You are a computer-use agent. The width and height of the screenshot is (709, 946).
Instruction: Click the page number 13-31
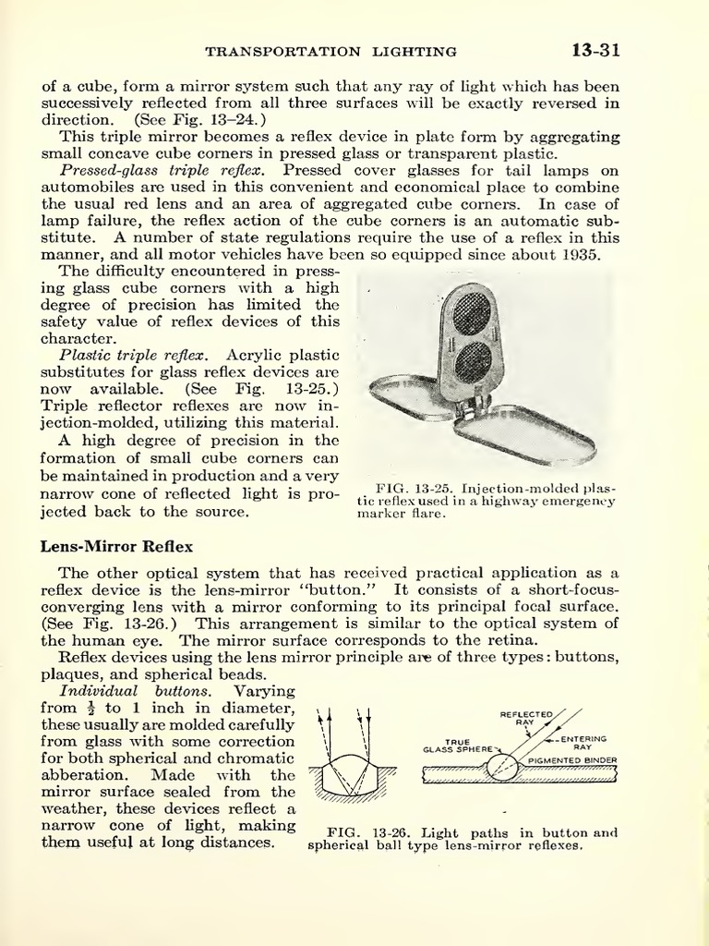595,50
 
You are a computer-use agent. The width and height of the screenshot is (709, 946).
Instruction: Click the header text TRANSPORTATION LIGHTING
330,52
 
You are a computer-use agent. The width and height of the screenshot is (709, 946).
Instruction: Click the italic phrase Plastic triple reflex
134,355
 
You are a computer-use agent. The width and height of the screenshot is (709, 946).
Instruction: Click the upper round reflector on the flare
472,313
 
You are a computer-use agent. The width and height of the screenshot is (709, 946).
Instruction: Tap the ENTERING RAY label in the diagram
584,743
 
